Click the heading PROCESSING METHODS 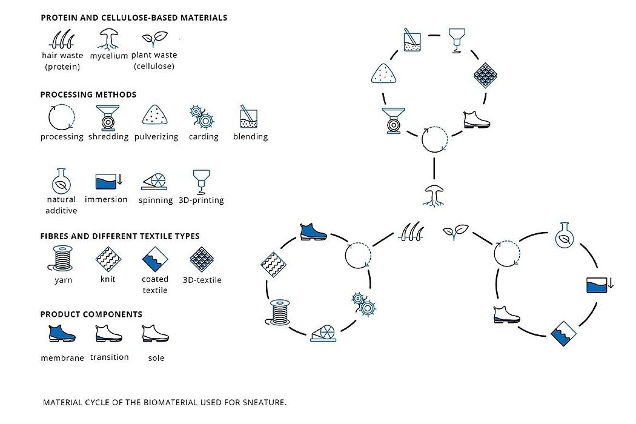coord(88,94)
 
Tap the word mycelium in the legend coord(109,56)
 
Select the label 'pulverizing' coord(156,137)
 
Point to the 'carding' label coord(204,137)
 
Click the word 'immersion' coord(106,199)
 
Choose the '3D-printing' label coord(201,200)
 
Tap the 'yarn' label coord(63,280)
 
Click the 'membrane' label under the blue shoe coord(62,358)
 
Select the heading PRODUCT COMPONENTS coord(91,314)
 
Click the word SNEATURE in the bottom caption coord(265,402)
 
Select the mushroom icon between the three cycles coord(434,196)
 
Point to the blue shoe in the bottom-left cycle coord(313,231)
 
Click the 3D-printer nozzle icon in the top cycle coord(457,41)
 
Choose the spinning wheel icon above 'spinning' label coord(156,180)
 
